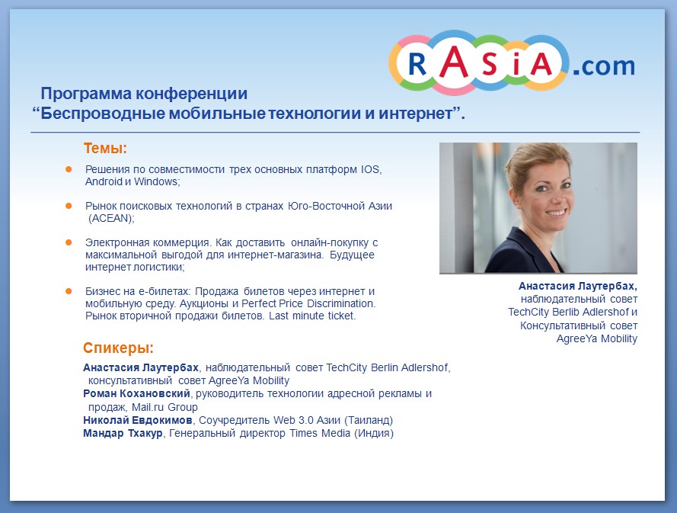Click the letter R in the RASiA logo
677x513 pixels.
[x=417, y=64]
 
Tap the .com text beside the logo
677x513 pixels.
[x=604, y=66]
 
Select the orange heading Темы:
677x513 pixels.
[x=105, y=148]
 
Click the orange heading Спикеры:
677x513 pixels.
[x=118, y=348]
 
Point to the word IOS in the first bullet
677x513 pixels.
[x=371, y=169]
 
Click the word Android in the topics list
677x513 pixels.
[x=104, y=181]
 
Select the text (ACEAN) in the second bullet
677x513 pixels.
[x=111, y=218]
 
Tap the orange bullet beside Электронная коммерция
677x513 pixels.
[x=69, y=242]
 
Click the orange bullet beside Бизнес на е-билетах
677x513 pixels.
[x=69, y=291]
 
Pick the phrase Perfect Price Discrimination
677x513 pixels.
[x=308, y=303]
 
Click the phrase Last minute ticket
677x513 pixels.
[x=312, y=316]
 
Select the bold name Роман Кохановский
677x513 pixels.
[x=136, y=394]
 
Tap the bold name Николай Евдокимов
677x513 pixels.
[x=138, y=420]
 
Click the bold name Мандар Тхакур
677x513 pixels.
[x=123, y=433]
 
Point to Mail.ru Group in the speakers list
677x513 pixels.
[x=164, y=407]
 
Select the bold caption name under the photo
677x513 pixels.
[x=578, y=286]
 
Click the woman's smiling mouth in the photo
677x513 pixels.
[x=556, y=212]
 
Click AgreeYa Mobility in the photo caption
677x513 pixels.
[x=597, y=339]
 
